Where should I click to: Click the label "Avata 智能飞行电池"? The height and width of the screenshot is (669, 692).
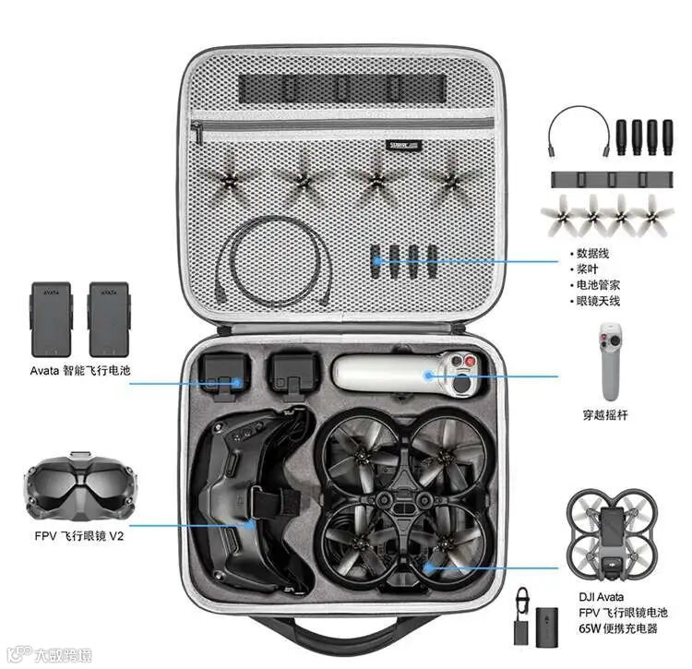tap(80, 370)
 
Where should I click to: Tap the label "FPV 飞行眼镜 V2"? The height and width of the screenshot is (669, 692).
tap(79, 536)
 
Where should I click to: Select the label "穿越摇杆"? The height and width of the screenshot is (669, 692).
tap(605, 415)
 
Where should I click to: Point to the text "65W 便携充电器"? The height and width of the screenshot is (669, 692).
tap(618, 628)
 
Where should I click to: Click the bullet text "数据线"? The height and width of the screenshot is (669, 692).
tap(592, 254)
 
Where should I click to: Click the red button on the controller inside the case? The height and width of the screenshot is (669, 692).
tap(471, 362)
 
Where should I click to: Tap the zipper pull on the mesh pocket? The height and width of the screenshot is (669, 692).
tap(197, 132)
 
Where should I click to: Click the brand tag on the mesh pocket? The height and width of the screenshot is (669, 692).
tap(403, 145)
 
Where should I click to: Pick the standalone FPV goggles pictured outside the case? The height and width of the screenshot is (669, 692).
tap(80, 485)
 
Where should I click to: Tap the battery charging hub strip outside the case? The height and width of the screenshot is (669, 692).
tap(612, 180)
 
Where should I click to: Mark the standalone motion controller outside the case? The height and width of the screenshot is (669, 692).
tap(611, 362)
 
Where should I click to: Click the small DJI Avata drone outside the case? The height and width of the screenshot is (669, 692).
tap(612, 534)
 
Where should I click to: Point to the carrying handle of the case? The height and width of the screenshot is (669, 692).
tap(339, 636)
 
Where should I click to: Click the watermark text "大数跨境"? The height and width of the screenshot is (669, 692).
tap(63, 655)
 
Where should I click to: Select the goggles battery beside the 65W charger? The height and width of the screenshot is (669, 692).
tap(547, 627)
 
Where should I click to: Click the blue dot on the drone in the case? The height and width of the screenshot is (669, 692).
tap(427, 567)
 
